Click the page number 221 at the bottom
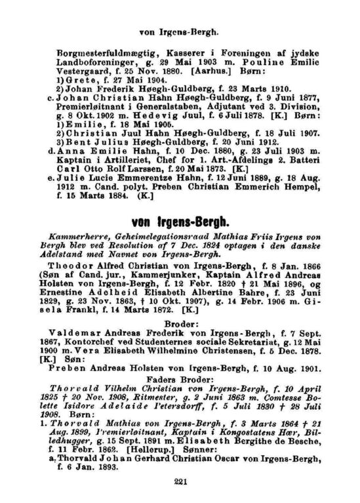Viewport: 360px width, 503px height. [180, 482]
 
